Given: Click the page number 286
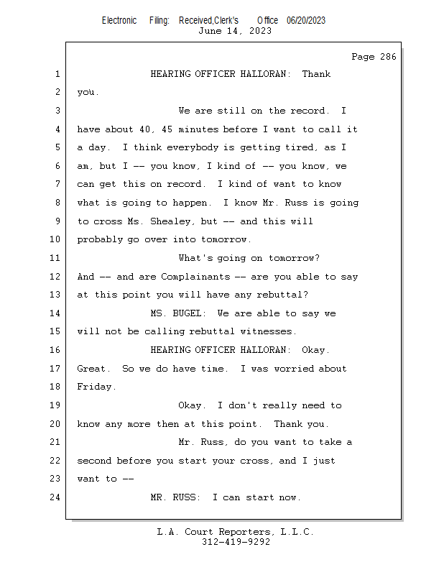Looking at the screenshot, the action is (388, 57).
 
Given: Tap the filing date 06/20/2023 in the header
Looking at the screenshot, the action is (306, 21).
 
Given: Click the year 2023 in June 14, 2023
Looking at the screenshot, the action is (260, 31).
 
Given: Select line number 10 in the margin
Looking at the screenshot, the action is (55, 239).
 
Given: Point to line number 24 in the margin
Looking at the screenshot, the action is (55, 497).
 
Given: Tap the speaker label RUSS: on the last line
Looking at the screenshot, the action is (187, 497).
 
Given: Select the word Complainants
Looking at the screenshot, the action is (195, 277).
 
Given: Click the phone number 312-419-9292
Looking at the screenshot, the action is (236, 542).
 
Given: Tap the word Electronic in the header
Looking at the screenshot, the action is (119, 21).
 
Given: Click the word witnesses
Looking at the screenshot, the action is (266, 331).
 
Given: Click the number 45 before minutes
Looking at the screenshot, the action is (167, 129).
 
